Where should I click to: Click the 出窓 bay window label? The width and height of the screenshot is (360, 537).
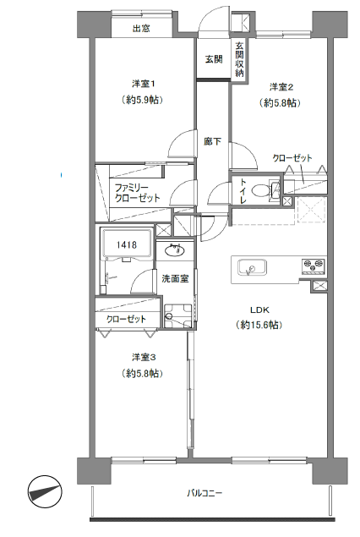141,28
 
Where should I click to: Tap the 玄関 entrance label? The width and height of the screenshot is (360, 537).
214,59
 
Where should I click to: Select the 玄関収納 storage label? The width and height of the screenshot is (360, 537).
239,59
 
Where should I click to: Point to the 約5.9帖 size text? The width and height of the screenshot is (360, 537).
142,100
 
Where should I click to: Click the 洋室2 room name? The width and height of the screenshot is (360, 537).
281,87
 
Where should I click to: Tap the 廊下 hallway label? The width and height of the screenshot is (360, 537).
212,141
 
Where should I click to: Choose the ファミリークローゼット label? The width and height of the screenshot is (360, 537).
137,193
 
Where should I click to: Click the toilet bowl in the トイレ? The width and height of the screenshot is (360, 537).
261,191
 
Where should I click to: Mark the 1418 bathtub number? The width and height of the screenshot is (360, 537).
127,245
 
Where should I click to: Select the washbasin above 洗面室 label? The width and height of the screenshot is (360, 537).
175,250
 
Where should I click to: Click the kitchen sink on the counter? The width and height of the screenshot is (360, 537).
253,267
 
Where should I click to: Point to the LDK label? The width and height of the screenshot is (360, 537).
259,310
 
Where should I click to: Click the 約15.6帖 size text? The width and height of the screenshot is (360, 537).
259,325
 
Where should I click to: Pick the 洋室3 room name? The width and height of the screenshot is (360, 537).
144,357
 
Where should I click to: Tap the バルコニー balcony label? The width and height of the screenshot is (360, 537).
205,493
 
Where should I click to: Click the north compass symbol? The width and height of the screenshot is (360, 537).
45,492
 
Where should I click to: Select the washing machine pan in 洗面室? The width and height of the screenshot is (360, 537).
178,316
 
